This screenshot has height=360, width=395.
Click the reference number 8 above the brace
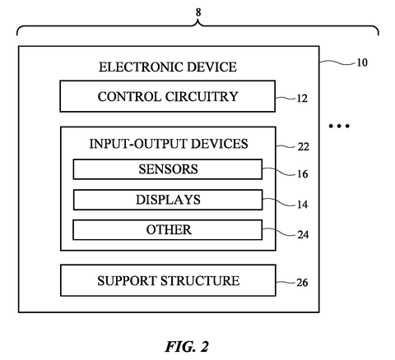pos(198,12)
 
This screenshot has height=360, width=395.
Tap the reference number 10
pos(362,62)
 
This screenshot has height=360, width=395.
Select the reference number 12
pos(302,99)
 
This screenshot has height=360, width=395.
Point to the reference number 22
pos(303,147)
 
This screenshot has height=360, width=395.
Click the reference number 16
pos(303,173)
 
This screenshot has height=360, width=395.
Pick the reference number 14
pos(302,205)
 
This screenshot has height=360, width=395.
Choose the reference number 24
pos(303,235)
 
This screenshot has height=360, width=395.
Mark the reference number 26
pos(302,283)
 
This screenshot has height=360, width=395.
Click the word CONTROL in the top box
pos(129,97)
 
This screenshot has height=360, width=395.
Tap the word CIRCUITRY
pos(202,97)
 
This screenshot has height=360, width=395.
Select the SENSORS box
pos(168,169)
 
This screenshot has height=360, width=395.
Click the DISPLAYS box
pos(168,200)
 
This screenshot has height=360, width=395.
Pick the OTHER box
pos(168,230)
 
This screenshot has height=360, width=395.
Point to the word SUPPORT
pos(127,281)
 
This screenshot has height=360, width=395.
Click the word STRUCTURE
pos(200,281)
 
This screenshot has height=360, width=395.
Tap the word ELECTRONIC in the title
pos(140,67)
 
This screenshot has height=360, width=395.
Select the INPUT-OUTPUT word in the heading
pos(138,144)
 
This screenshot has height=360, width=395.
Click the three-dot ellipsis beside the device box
pos(339,126)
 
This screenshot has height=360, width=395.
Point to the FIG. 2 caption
pos(187,347)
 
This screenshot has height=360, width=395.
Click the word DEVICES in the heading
pos(220,144)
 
